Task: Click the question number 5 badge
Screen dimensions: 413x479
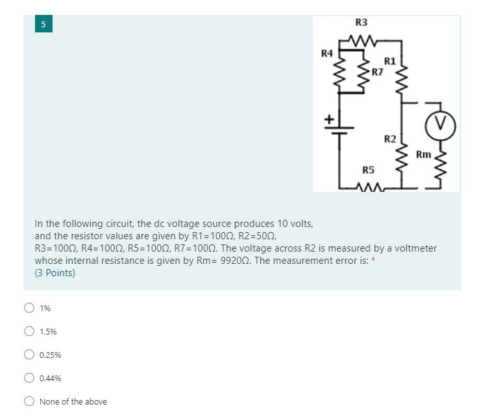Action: pos(43,24)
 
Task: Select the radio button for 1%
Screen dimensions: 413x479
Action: pos(29,308)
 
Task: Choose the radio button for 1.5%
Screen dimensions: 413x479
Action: pos(29,331)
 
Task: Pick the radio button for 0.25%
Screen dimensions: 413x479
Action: pos(29,355)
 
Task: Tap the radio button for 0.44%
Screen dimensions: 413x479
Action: pos(29,378)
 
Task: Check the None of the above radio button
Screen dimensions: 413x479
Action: pos(29,401)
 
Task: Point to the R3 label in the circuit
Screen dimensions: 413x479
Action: pos(362,23)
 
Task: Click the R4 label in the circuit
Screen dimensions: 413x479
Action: pos(327,52)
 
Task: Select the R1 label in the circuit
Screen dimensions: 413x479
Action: pos(389,61)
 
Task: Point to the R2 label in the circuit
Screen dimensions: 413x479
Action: pos(389,139)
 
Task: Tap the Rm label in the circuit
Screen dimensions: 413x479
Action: pos(423,154)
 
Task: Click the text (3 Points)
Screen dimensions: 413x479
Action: pos(55,273)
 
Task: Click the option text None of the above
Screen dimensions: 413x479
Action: pos(73,402)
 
